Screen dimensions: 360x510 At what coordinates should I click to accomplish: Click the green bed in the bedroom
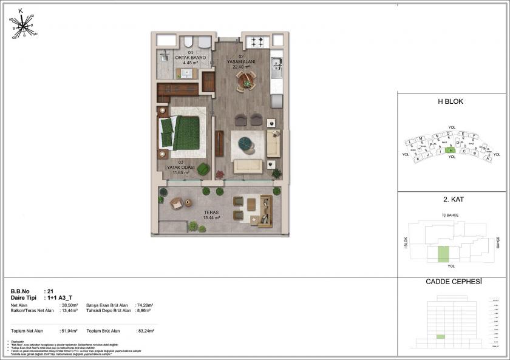click(x=185, y=133)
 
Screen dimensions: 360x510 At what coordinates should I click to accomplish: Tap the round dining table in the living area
click(x=246, y=80)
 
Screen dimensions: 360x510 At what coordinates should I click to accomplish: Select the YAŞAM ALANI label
click(x=241, y=63)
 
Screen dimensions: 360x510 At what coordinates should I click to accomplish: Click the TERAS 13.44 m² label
click(x=211, y=214)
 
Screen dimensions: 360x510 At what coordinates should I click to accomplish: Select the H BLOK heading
click(x=450, y=102)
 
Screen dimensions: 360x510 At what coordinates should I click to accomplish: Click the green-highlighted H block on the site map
click(x=450, y=150)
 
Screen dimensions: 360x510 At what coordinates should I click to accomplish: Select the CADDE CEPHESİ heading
click(x=450, y=282)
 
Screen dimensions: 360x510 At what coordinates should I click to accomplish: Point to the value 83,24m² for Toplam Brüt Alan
click(x=146, y=331)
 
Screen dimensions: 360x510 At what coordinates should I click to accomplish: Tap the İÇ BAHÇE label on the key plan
click(x=450, y=216)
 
